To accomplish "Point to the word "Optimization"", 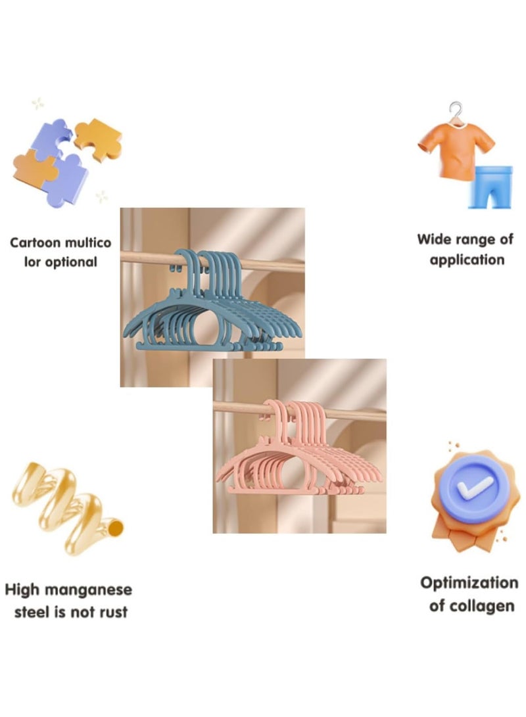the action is pos(469,584).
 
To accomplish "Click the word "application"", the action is pos(467,260).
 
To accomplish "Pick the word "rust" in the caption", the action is pos(113,612).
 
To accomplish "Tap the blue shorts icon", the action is pos(490,187).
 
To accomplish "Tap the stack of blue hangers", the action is pos(212,302).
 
